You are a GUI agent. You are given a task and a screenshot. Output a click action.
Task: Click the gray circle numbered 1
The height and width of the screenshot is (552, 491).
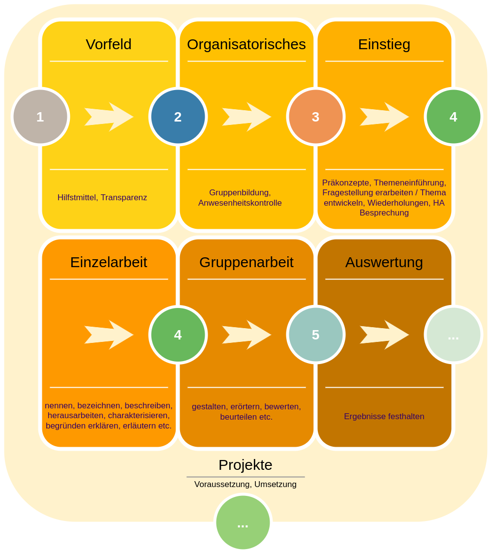(x=40, y=117)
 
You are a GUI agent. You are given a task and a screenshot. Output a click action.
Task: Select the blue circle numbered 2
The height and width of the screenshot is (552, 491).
(x=178, y=117)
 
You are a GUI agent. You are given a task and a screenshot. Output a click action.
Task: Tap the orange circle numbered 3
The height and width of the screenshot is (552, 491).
(x=316, y=117)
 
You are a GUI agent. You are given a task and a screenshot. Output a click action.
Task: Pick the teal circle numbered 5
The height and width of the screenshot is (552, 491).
(x=316, y=335)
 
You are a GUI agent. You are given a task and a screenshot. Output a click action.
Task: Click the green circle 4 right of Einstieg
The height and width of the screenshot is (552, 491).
(x=454, y=117)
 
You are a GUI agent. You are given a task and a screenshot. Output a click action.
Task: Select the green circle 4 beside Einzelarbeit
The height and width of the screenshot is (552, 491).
(x=178, y=335)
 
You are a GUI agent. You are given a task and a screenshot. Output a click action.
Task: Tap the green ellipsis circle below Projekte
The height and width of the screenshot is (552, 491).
(x=243, y=522)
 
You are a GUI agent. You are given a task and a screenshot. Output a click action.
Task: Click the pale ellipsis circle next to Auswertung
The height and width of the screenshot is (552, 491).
(x=454, y=335)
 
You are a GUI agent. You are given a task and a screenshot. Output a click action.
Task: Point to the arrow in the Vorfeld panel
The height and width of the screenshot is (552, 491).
(x=109, y=117)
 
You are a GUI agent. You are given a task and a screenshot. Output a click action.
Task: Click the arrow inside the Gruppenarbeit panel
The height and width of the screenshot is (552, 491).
(x=246, y=335)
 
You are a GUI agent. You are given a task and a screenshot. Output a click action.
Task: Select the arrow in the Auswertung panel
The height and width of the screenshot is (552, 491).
(x=384, y=335)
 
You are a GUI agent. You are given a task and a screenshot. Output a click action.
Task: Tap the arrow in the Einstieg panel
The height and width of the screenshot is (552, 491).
(x=384, y=117)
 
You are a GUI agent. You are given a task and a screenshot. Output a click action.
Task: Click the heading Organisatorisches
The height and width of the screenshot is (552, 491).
(x=246, y=44)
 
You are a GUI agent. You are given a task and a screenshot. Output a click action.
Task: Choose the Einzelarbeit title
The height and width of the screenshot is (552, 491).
(x=109, y=262)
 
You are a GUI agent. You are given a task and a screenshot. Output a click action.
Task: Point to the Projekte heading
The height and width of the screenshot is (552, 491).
(x=245, y=465)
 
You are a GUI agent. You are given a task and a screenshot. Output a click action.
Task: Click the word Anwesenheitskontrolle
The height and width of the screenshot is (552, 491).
(x=240, y=203)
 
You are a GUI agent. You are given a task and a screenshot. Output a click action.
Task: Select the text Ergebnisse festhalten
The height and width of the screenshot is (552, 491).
(x=384, y=417)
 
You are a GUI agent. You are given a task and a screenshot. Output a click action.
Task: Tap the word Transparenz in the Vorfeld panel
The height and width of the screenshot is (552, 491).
(x=124, y=198)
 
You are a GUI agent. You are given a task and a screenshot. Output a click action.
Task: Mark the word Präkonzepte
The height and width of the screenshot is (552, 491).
(x=345, y=183)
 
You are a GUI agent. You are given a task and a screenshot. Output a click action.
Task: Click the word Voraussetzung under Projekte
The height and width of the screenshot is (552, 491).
(x=222, y=485)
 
